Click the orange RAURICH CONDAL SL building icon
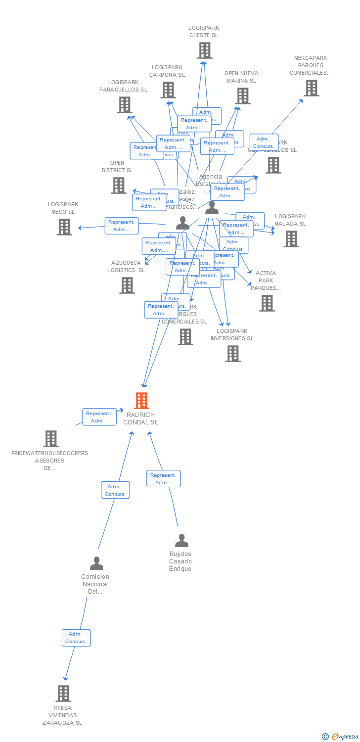coord(141,401)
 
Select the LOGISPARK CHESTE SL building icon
coord(205,50)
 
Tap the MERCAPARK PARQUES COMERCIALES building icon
coord(311,88)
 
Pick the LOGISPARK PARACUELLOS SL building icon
coord(124,105)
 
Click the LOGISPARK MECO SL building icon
coord(64,227)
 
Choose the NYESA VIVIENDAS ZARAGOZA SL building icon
coord(63,694)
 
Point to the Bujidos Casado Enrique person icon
coord(181,541)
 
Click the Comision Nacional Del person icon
coord(96,563)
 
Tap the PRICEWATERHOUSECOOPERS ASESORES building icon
coord(51,439)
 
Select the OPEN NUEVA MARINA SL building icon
coord(243,96)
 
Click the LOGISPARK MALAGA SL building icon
coord(291,238)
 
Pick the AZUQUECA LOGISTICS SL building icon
coord(127,285)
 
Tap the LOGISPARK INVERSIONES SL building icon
coord(233,354)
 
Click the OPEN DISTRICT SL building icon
coord(119,185)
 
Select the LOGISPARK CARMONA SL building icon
coord(168,90)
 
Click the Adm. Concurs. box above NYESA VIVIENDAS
coord(76,638)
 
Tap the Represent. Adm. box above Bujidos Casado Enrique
coord(164,479)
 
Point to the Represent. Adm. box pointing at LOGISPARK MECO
coord(122,226)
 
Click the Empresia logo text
coord(345,737)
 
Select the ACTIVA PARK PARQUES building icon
coord(267,303)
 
